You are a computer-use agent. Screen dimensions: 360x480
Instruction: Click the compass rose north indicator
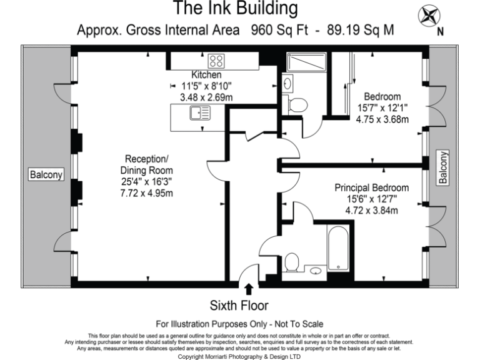[x=429, y=17]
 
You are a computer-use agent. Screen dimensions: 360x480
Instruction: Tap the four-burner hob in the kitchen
[x=216, y=61]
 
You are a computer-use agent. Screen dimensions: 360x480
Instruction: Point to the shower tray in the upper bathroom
[x=306, y=62]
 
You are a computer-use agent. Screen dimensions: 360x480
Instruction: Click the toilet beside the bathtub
[x=291, y=263]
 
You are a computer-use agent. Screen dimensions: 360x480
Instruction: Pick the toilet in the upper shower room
[x=297, y=104]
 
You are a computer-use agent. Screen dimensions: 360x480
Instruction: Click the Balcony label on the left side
[x=46, y=174]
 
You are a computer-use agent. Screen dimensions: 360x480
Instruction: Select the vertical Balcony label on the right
[x=443, y=167]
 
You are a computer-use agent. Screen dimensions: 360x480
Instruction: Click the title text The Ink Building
[x=235, y=9]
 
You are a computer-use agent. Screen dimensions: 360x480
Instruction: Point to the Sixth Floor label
[x=240, y=306]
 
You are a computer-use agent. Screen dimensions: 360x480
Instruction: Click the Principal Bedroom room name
[x=371, y=187]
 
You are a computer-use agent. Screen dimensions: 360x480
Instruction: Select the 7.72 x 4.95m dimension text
[x=147, y=192]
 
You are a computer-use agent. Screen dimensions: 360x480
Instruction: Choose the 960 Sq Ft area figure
[x=276, y=30]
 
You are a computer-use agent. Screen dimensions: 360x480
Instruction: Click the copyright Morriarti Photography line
[x=239, y=356]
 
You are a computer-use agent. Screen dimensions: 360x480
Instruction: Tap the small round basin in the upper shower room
[x=287, y=82]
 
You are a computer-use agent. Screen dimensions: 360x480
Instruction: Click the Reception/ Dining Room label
[x=147, y=164]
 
